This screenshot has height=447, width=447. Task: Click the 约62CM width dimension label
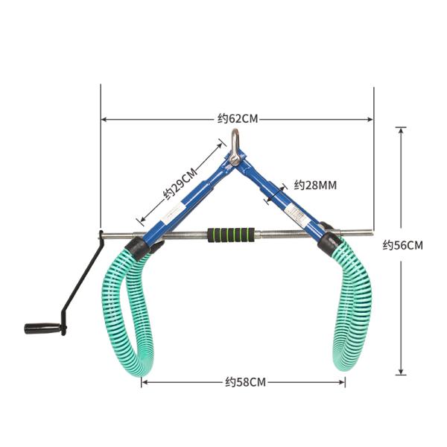(x=238, y=118)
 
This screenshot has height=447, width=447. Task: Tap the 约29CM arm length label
(x=181, y=183)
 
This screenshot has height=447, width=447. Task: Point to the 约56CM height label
(x=403, y=245)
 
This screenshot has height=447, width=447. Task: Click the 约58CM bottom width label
(x=245, y=382)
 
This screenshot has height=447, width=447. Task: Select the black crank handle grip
(x=43, y=328)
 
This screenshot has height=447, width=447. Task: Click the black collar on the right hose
(x=329, y=241)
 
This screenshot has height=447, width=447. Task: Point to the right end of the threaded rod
(x=370, y=232)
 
